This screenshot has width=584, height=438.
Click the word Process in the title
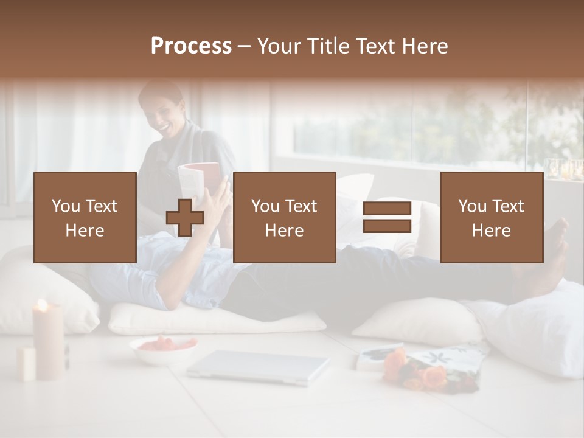(191, 46)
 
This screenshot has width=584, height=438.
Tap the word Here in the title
(422, 46)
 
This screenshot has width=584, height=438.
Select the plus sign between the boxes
(185, 218)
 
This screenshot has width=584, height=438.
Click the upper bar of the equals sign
(387, 209)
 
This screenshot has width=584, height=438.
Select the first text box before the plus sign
(85, 217)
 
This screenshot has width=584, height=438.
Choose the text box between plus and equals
(284, 217)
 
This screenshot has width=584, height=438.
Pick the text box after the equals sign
(492, 217)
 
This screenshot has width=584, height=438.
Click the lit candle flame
(41, 305)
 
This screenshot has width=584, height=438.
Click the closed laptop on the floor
(259, 367)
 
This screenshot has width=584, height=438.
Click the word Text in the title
(375, 46)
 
